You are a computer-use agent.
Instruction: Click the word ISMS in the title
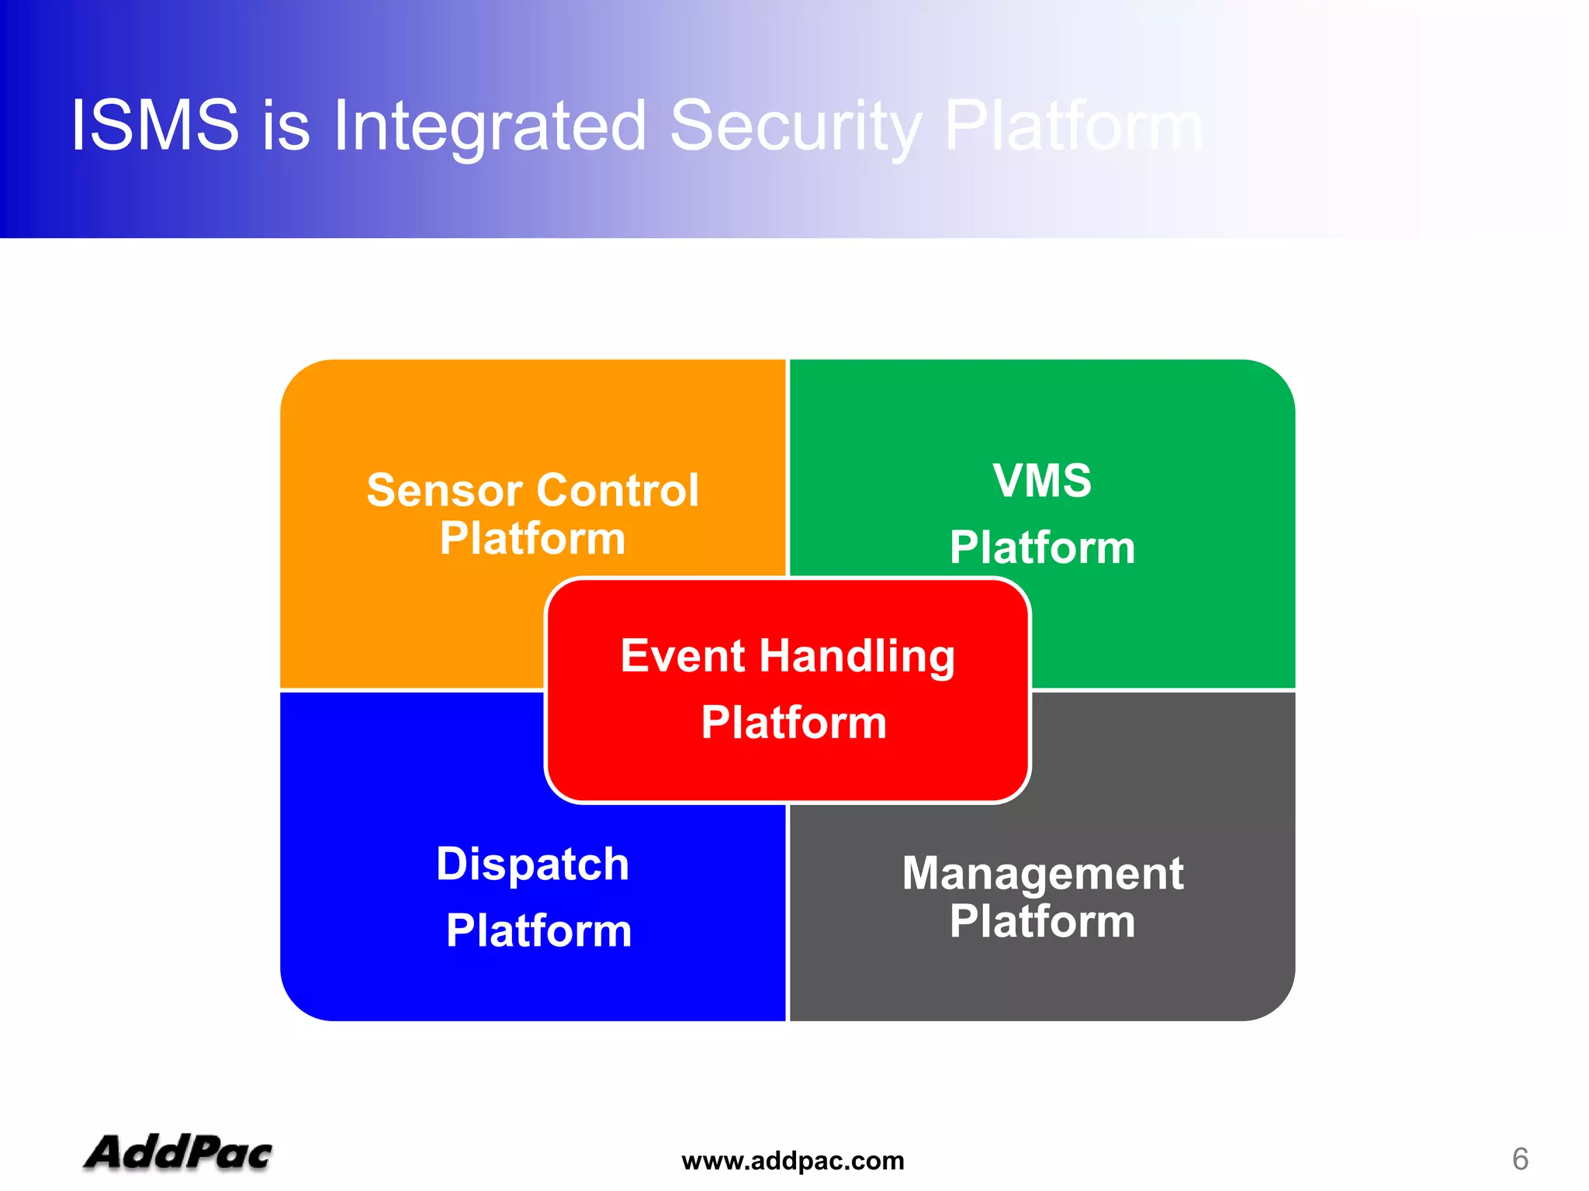point(154,125)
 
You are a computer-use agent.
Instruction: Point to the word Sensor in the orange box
point(444,491)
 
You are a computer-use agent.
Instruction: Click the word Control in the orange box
point(618,491)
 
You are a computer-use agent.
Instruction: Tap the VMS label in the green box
point(1042,480)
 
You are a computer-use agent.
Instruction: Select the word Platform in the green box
point(1042,547)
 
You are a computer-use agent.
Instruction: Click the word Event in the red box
point(683,656)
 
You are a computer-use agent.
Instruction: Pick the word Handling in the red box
point(857,658)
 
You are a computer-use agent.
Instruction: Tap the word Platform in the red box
point(794,723)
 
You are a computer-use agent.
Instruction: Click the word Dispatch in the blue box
point(532,865)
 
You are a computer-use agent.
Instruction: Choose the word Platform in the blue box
point(538,930)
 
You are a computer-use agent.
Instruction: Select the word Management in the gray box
point(1042,875)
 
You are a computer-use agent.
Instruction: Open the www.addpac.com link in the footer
point(793,1161)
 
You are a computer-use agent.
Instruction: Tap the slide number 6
point(1520,1159)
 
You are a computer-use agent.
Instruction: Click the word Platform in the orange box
point(532,538)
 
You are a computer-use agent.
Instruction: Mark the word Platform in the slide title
point(1073,126)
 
